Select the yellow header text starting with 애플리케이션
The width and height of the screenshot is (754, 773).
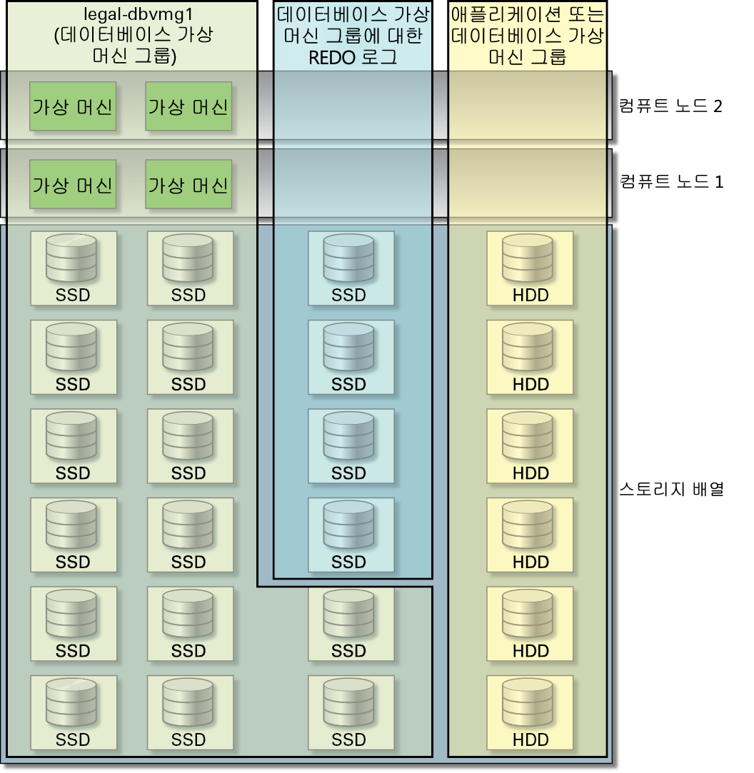click(x=528, y=14)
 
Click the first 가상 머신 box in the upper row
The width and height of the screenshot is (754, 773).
click(x=73, y=106)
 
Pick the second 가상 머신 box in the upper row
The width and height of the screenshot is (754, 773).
click(x=188, y=106)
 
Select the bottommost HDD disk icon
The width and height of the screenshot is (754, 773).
click(x=530, y=712)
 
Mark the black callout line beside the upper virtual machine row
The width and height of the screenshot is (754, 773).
click(x=671, y=106)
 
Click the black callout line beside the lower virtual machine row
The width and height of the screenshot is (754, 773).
click(x=672, y=181)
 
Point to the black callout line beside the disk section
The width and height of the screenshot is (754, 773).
click(x=672, y=489)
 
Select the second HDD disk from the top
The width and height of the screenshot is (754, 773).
click(x=530, y=356)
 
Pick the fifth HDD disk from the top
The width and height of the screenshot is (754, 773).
click(x=530, y=623)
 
